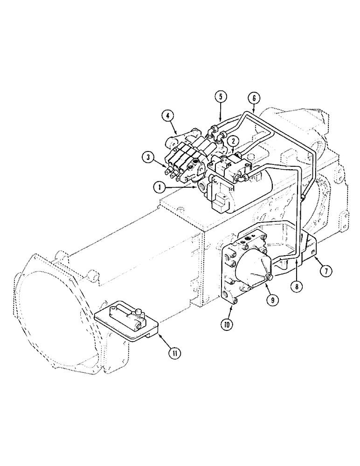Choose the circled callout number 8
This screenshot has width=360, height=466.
click(x=294, y=287)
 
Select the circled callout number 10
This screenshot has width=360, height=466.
click(x=227, y=324)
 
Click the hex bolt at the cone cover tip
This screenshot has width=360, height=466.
click(x=269, y=279)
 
